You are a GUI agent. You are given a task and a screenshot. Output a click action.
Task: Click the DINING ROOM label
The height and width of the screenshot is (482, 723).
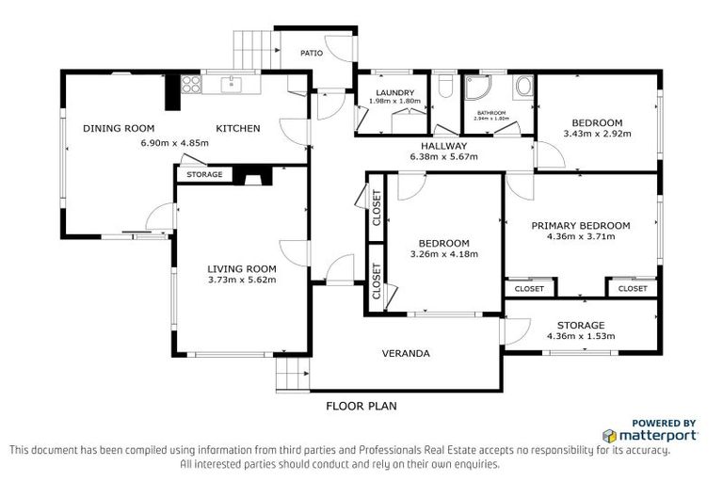[x=118, y=129]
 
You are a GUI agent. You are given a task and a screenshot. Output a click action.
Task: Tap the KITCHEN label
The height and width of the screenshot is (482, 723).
[x=238, y=129]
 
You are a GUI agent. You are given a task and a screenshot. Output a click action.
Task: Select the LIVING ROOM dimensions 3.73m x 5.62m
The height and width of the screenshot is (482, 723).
[x=242, y=279]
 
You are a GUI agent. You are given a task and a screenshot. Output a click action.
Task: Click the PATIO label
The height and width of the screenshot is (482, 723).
[x=312, y=53]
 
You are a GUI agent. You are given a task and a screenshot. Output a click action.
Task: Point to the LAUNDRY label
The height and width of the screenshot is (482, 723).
[x=394, y=91]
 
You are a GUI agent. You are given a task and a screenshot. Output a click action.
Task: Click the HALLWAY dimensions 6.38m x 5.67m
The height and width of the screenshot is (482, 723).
[x=443, y=157]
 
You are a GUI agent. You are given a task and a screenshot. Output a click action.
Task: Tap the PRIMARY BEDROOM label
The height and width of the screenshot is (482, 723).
[x=580, y=225]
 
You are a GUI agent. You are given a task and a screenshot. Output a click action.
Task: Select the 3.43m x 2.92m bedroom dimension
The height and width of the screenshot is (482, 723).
[x=597, y=135]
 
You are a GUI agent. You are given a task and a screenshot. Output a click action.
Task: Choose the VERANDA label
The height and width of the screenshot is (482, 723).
[x=406, y=354]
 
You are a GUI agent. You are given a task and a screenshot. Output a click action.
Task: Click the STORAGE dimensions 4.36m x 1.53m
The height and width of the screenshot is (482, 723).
[x=581, y=336]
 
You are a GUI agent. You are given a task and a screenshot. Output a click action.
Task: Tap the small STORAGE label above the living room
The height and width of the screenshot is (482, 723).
[x=204, y=175]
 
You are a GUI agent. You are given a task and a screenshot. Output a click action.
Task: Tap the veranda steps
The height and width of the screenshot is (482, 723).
[x=293, y=378]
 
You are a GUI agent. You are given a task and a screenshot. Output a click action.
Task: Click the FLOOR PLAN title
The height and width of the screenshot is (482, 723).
[x=361, y=407]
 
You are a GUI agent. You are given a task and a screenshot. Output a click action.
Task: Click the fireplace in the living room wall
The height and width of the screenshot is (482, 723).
[x=251, y=174]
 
